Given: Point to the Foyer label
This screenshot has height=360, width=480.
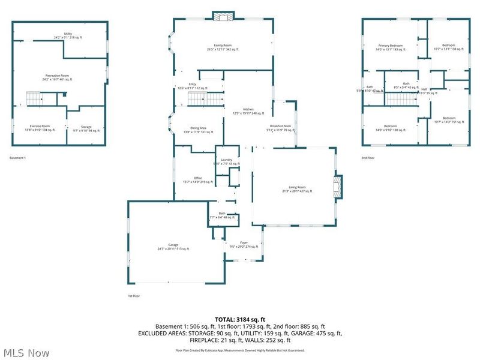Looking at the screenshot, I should (x=244, y=244).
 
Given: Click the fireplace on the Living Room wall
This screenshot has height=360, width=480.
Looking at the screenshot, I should (x=339, y=186).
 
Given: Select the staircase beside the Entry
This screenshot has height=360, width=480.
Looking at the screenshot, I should (x=202, y=100).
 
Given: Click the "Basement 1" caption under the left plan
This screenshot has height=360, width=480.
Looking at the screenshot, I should (x=18, y=158).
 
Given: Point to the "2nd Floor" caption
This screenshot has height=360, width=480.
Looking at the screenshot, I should (x=368, y=158).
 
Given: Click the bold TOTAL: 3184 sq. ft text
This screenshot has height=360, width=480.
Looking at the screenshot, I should (x=240, y=319).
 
